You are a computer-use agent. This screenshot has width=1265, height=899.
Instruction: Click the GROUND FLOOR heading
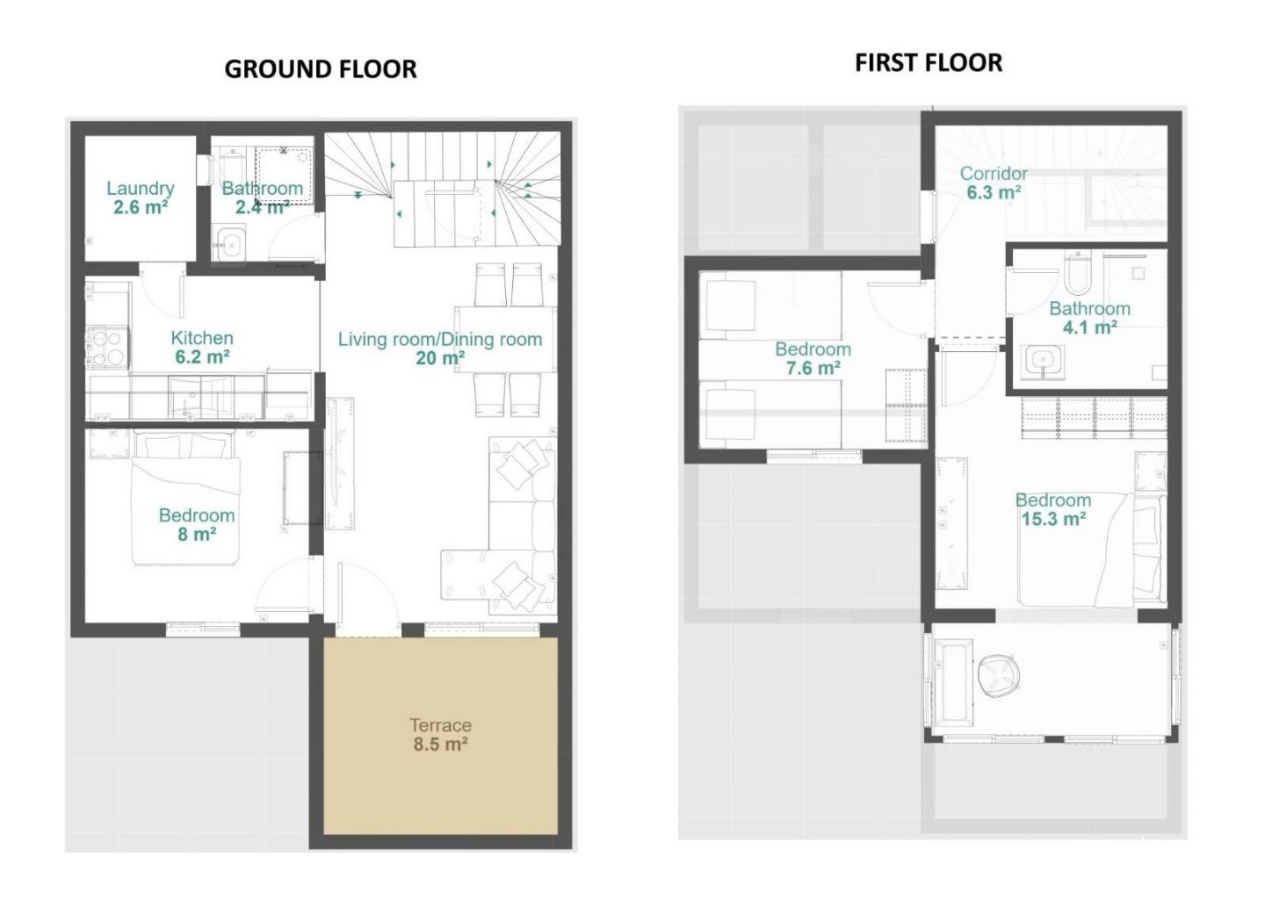320,69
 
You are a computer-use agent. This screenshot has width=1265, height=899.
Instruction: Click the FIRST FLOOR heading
929,62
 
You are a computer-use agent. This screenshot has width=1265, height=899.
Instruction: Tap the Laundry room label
140,189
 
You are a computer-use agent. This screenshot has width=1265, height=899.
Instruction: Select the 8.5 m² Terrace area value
440,744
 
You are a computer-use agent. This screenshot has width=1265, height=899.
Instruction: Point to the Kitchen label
202,338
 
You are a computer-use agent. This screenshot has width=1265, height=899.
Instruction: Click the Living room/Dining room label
440,339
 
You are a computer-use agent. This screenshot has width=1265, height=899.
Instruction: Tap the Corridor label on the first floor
994,173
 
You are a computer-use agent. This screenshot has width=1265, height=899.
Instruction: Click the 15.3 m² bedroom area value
1053,519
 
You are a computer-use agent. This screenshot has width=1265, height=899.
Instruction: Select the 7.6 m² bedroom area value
813,368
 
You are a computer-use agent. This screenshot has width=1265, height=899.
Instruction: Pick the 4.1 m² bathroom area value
1090,327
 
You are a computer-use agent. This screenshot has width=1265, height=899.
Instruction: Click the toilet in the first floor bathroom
1078,272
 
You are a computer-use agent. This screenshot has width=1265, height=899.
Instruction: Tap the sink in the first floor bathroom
1042,360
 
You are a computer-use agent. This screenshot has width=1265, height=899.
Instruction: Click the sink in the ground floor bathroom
229,243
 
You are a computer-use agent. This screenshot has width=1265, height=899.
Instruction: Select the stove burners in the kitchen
107,347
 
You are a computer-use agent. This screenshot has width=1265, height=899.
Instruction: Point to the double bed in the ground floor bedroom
186,498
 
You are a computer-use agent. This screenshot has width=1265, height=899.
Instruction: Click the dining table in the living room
505,339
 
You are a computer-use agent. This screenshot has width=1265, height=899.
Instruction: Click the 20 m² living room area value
440,358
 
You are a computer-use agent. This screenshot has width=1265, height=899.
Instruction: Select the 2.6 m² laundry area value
140,207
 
